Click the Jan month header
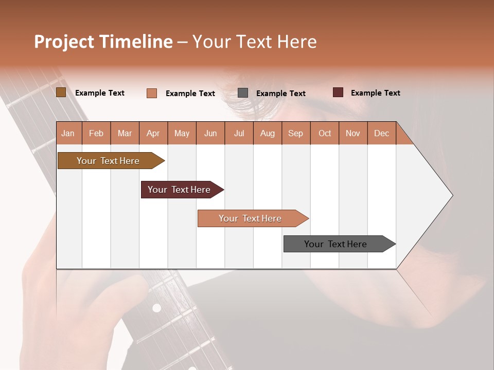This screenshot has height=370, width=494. pyautogui.click(x=68, y=134)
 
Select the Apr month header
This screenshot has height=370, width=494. pyautogui.click(x=153, y=134)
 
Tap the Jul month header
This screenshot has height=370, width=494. pyautogui.click(x=239, y=134)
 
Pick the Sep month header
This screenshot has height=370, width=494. pyautogui.click(x=295, y=134)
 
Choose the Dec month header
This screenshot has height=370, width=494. pyautogui.click(x=381, y=134)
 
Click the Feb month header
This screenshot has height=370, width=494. pyautogui.click(x=96, y=134)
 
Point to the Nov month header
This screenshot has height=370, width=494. pyautogui.click(x=353, y=134)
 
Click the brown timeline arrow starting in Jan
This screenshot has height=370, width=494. pyautogui.click(x=109, y=161)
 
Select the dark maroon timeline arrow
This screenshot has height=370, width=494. pyautogui.click(x=180, y=190)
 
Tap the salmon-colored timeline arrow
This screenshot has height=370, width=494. pyautogui.click(x=251, y=218)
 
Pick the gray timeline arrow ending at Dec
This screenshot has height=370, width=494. pyautogui.click(x=336, y=244)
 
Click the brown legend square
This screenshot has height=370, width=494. pyautogui.click(x=61, y=92)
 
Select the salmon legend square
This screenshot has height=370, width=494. pyautogui.click(x=152, y=93)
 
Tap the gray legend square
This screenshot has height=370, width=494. pyautogui.click(x=243, y=93)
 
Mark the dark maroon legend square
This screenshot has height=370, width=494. pyautogui.click(x=338, y=92)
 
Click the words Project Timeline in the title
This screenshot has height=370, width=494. pyautogui.click(x=103, y=42)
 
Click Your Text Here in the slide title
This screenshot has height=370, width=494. pyautogui.click(x=254, y=42)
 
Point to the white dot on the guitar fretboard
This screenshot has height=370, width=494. pyautogui.click(x=156, y=308)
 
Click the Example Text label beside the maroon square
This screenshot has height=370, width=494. pyautogui.click(x=375, y=93)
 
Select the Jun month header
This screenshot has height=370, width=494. pyautogui.click(x=210, y=134)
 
